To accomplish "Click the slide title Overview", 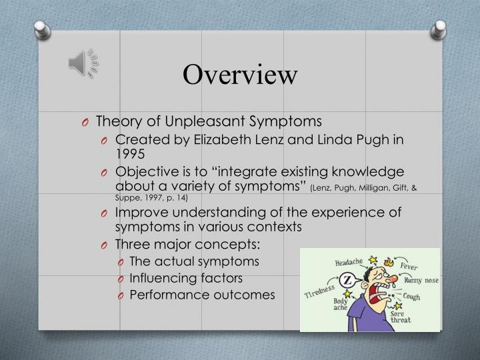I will [240, 74].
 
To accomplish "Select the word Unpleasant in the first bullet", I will [189, 121].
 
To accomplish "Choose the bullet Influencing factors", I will [186, 277].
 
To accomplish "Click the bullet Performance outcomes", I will [202, 294].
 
